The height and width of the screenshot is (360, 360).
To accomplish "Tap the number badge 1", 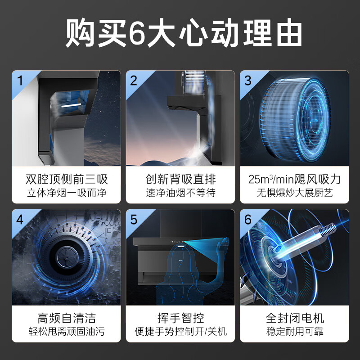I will pos(19,81).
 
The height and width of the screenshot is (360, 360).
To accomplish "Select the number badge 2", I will pos(134,81).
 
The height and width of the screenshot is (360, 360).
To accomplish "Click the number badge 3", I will pos(247,81).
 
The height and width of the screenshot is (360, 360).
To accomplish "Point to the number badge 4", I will pos(19,220).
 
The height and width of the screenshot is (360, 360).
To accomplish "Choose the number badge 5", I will pos(134,220).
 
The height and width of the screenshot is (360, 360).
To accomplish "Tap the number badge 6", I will pos(247,220).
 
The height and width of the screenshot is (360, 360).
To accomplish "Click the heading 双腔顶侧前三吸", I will pos(67,180).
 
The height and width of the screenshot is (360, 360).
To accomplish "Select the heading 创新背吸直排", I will pos(181,180).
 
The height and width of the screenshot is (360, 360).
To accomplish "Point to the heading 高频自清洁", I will pos(67,319).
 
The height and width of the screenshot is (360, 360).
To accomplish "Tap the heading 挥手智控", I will pos(181,319).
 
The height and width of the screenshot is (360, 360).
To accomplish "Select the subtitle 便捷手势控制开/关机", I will pos(181,333).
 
